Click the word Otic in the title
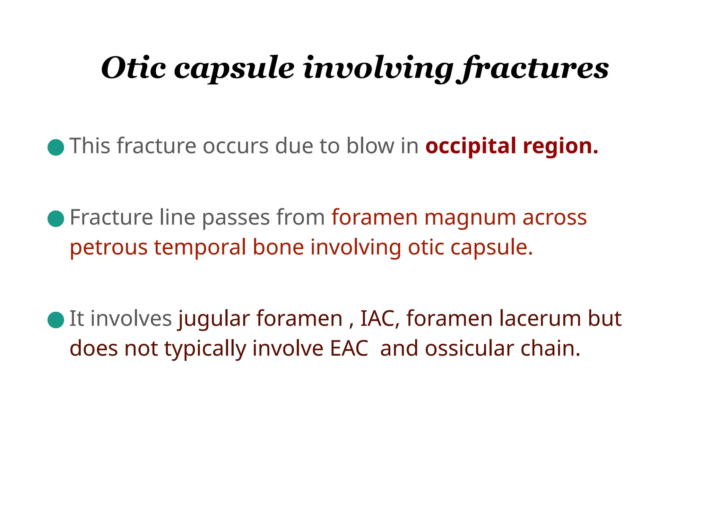click(133, 68)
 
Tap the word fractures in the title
click(533, 68)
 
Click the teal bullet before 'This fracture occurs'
click(56, 148)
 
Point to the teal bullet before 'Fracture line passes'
click(56, 219)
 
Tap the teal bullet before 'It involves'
click(56, 320)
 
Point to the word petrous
click(109, 248)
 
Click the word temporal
click(200, 248)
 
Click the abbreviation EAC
click(349, 348)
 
